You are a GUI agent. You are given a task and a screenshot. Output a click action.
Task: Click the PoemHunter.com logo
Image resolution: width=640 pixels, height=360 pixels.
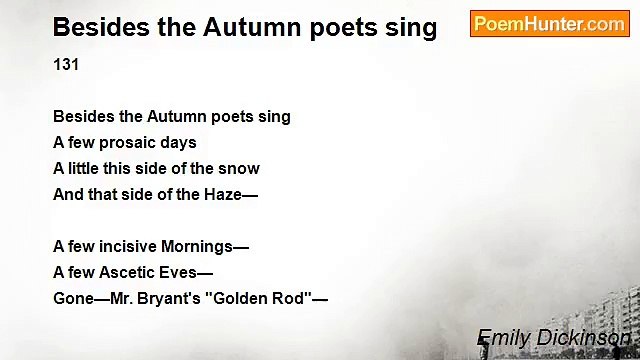pos(549,24)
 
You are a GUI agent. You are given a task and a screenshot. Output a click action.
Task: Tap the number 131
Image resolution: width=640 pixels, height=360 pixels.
pos(66,64)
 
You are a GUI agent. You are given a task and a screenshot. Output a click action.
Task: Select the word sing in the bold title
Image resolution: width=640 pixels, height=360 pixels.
pos(412,27)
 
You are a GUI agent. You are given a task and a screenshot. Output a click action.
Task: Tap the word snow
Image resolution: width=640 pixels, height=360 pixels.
pos(240,168)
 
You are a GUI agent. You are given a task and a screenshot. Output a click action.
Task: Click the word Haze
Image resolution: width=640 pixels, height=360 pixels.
pos(224,194)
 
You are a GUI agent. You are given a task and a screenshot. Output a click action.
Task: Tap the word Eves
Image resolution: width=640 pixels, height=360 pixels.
pos(189,272)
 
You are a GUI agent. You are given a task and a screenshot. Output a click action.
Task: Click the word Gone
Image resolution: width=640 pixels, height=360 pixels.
pos(73,298)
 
